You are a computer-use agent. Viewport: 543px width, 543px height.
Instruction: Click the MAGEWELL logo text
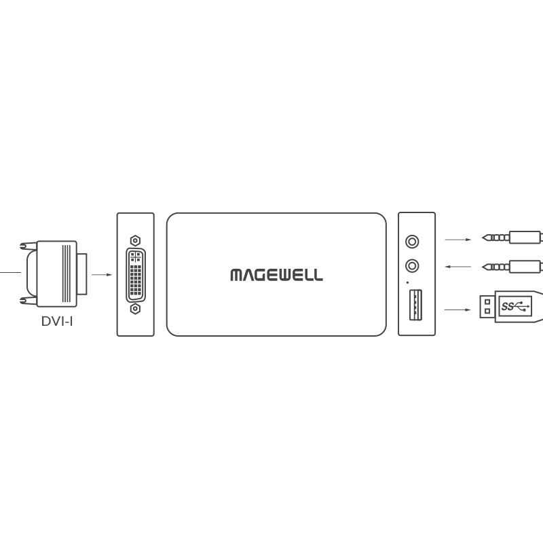[276, 275]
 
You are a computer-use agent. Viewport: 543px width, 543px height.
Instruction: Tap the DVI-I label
[57, 321]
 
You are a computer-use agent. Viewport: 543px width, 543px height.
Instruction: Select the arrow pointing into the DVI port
[102, 275]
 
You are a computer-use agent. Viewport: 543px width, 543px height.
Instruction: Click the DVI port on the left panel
[136, 275]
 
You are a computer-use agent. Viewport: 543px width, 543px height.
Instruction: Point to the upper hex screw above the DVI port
[135, 240]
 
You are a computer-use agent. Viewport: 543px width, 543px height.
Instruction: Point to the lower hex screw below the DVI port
[135, 309]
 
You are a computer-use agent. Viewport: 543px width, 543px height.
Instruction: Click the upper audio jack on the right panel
[412, 242]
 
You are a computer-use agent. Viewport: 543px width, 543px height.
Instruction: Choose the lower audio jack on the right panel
[412, 266]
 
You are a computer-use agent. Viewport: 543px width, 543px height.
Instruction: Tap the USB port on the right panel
[415, 305]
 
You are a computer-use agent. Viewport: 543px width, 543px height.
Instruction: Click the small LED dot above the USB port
[407, 282]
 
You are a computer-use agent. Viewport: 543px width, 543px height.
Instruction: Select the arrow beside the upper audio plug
[457, 240]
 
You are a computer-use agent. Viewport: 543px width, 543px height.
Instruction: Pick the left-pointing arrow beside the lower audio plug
[457, 267]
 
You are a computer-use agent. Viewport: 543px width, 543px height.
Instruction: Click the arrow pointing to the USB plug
[457, 310]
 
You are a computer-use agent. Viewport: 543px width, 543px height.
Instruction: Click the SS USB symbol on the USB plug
[515, 306]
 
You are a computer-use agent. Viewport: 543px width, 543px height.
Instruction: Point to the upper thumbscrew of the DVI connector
[29, 246]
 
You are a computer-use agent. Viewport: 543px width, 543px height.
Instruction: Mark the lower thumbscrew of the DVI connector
[29, 301]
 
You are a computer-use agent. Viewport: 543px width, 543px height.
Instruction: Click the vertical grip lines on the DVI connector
[66, 274]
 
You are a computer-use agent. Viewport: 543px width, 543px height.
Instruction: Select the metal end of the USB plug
[487, 307]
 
